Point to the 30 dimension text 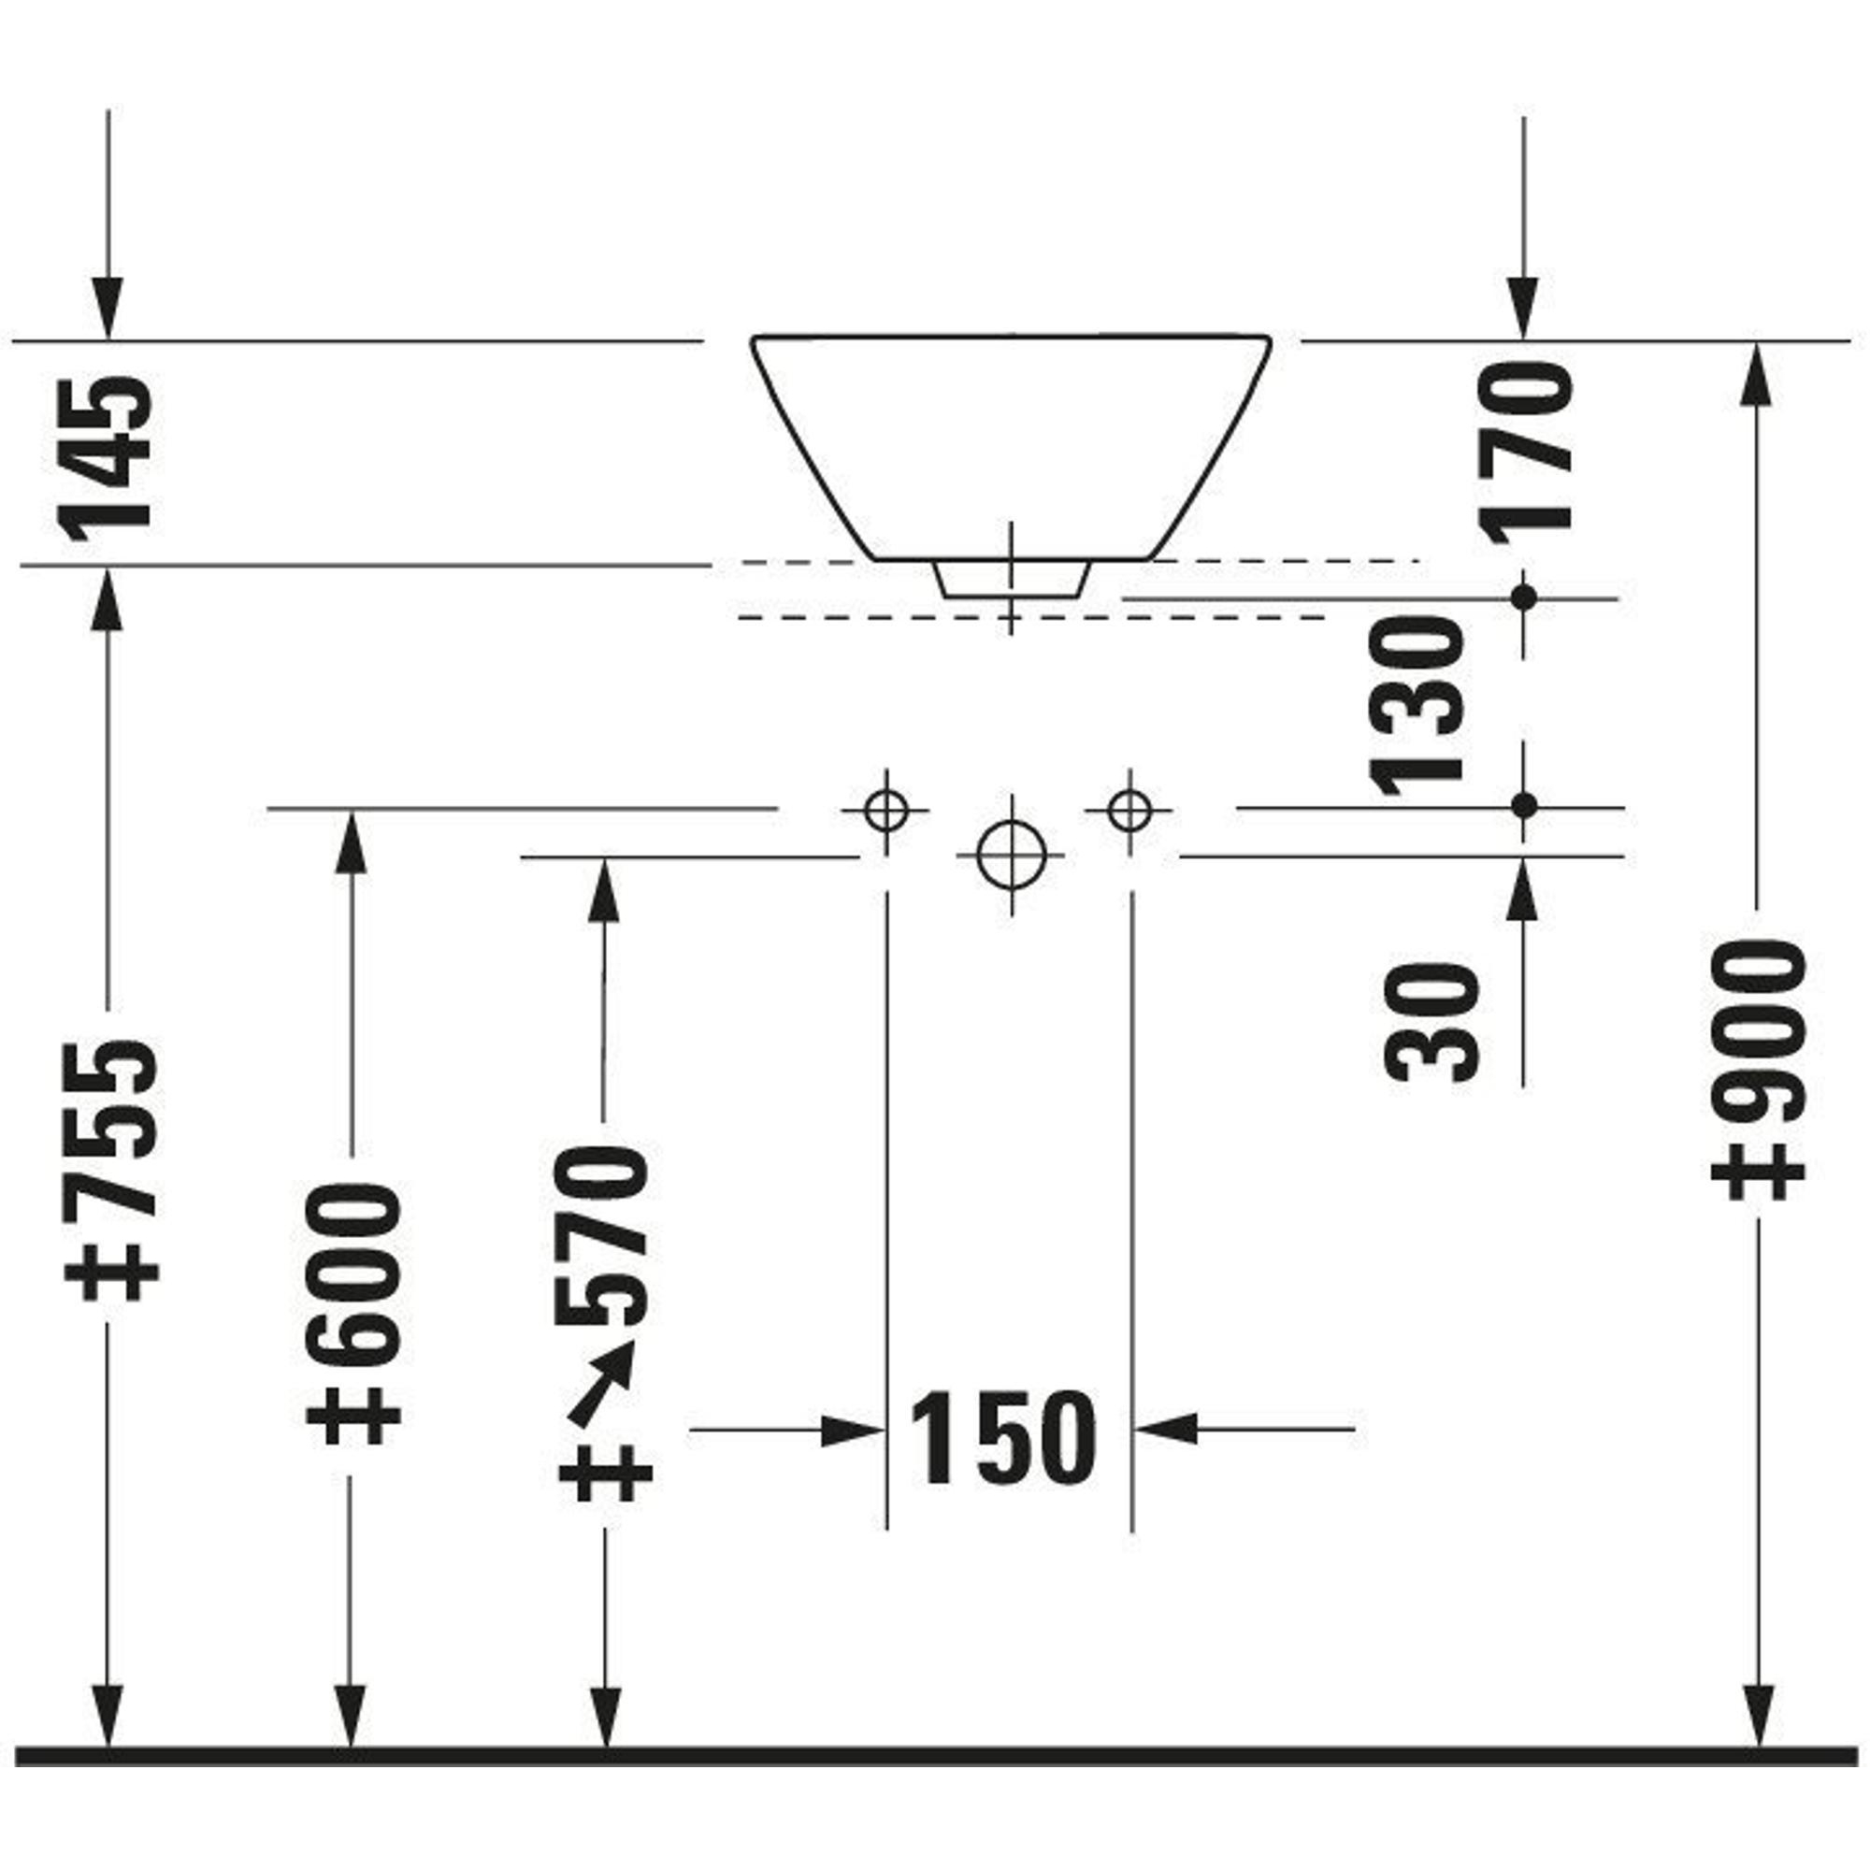click(x=1432, y=1022)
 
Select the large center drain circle click(x=1012, y=856)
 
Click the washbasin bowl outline click(x=1012, y=445)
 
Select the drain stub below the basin click(x=1012, y=579)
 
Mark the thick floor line click(x=935, y=1755)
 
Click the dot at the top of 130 click(x=1524, y=597)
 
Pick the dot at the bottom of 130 click(x=1524, y=805)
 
